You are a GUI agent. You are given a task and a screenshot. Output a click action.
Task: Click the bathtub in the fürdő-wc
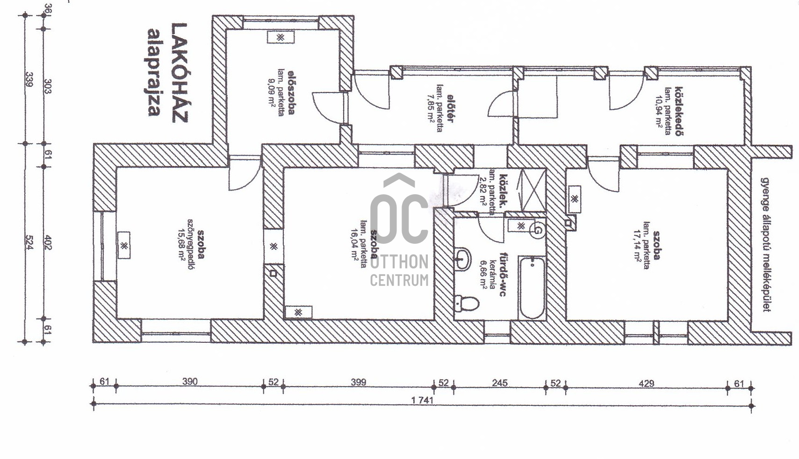click(532, 288)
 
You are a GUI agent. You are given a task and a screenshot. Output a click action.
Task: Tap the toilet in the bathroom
click(467, 303)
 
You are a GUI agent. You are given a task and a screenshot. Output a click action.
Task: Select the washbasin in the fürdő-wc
click(463, 259)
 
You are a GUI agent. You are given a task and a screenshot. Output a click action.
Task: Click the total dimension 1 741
click(422, 400)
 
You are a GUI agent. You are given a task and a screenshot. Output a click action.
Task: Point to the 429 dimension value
click(646, 383)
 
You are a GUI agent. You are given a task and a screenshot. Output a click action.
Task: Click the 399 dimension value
click(359, 382)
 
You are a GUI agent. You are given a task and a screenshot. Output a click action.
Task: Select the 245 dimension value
click(500, 383)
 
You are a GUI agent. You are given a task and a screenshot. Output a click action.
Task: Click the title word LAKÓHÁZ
click(180, 73)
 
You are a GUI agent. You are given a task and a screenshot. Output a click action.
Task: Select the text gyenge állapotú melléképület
click(765, 245)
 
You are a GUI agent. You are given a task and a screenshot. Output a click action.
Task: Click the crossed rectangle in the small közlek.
click(533, 191)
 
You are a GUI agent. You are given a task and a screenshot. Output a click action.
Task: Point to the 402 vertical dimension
click(48, 242)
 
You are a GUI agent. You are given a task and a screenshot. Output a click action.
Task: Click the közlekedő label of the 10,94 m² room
click(679, 111)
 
